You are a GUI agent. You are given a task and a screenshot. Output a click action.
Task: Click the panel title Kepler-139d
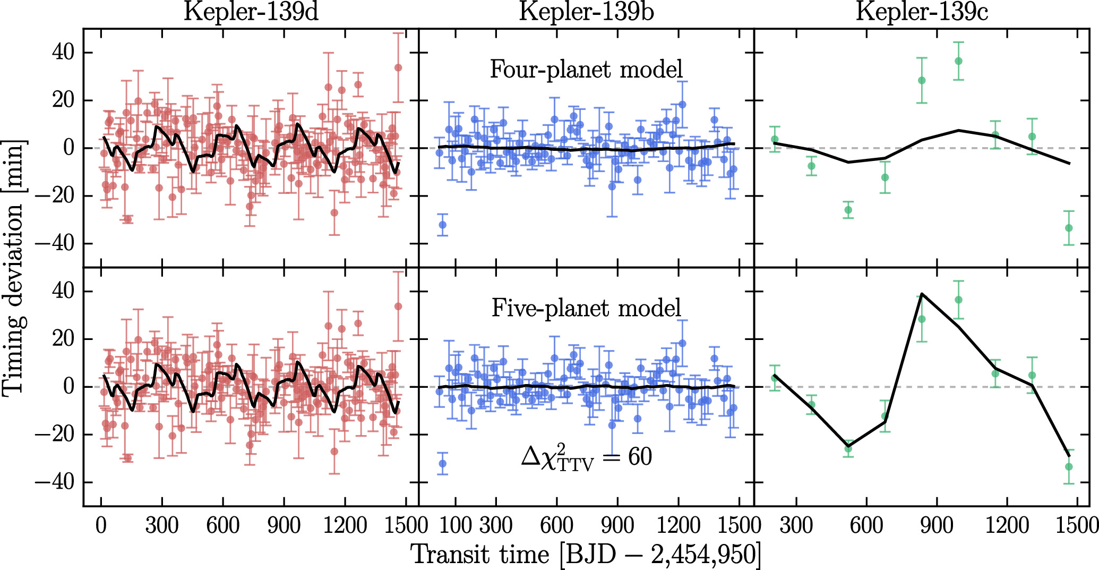[251, 12]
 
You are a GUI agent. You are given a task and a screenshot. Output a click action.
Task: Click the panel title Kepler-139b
[586, 12]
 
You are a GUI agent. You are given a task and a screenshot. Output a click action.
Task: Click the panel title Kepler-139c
[922, 12]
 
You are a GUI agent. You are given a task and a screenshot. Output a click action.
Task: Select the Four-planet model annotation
[586, 70]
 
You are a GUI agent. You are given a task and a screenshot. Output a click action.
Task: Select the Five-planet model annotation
[586, 308]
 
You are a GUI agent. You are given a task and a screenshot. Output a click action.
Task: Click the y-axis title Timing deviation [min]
[14, 268]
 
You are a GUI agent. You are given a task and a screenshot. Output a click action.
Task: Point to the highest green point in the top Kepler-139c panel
[958, 61]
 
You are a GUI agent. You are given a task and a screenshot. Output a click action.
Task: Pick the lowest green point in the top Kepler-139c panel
[1069, 228]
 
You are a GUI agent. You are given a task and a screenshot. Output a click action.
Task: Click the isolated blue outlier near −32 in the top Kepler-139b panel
[442, 225]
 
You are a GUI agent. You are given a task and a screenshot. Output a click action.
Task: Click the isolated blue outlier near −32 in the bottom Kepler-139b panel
[442, 464]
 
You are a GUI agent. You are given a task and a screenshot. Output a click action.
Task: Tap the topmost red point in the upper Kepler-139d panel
[398, 67]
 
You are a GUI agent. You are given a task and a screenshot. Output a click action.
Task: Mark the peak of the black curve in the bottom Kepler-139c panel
[922, 294]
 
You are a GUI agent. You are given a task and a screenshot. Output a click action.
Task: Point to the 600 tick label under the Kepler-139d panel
[223, 525]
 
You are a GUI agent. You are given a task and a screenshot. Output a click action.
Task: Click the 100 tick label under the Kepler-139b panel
[456, 525]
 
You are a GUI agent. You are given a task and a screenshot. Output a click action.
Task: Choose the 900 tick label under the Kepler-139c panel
[937, 525]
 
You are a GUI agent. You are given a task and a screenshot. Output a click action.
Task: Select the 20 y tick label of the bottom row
[63, 339]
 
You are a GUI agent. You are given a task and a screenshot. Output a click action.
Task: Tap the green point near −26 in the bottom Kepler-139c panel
[848, 449]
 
